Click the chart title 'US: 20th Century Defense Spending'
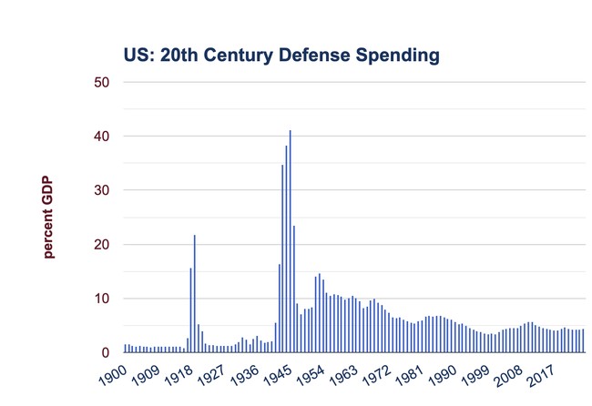[281, 56]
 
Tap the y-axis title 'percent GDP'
[48, 217]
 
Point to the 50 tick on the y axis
[102, 82]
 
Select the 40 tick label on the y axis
[102, 137]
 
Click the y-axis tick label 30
[102, 190]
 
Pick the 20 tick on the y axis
[102, 245]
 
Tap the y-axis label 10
[102, 299]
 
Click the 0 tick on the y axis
[106, 352]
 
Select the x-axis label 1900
[113, 375]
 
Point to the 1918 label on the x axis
[179, 375]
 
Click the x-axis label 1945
[278, 375]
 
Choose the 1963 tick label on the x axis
[343, 375]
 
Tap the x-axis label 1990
[442, 375]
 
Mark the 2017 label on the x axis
[541, 375]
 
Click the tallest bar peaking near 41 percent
[290, 241]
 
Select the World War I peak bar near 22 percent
[194, 294]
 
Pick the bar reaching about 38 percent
[286, 249]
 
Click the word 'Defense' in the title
[315, 56]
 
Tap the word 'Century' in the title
[238, 56]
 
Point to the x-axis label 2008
[508, 375]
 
